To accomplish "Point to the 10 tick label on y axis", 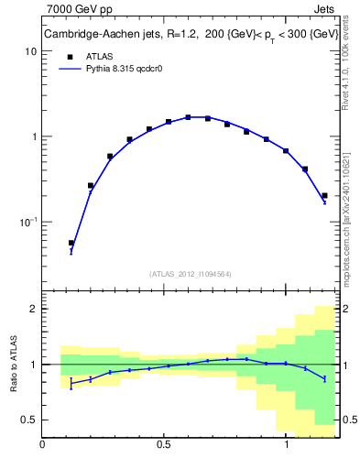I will (x=30, y=52).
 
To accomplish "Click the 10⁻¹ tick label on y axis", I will (x=27, y=222).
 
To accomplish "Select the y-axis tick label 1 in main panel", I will (x=33, y=137).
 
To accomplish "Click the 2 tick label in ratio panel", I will (x=33, y=309).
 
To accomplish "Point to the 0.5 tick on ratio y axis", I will (x=28, y=420).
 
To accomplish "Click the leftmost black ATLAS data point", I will (x=71, y=243).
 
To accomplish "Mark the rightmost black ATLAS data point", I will (x=324, y=195).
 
